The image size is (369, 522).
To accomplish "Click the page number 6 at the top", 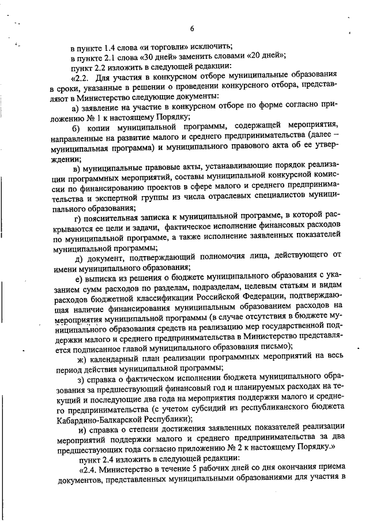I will [191, 29].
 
